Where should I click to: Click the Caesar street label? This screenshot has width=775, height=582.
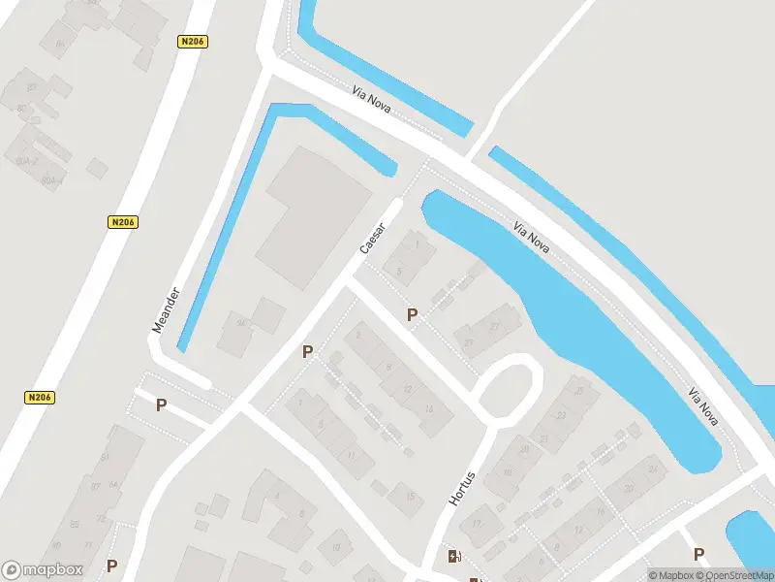(373, 239)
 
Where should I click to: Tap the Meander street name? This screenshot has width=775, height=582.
(166, 309)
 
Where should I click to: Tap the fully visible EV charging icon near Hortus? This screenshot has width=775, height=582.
(453, 556)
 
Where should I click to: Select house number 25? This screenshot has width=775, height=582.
(580, 391)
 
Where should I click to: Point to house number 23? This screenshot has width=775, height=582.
(561, 416)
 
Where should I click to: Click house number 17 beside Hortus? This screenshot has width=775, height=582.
(477, 524)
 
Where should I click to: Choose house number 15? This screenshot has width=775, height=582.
(410, 497)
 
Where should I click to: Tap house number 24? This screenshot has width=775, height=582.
(653, 470)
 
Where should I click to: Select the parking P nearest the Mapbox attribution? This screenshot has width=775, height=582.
(698, 554)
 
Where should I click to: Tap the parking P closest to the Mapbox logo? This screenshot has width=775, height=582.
(111, 566)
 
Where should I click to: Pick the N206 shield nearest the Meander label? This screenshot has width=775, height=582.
(123, 222)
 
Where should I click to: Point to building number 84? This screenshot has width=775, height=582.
(60, 43)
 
